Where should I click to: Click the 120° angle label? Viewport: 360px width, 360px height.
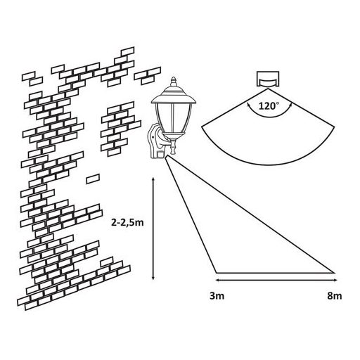269,106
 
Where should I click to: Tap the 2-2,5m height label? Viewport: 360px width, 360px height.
127,223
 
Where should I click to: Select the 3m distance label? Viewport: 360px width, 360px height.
217,296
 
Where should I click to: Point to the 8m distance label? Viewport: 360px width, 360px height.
335,296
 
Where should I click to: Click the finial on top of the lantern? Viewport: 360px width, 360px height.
174,82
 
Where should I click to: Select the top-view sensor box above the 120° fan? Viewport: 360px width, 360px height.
268,79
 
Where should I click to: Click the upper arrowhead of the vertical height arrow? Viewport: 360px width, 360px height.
153,180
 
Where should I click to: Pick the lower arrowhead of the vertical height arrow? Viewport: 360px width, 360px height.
153,278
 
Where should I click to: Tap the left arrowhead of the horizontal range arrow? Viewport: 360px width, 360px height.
218,280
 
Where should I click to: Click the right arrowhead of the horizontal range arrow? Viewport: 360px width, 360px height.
335,280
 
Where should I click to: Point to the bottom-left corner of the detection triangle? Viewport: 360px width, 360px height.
216,273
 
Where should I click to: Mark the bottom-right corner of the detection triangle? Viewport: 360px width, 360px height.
334,273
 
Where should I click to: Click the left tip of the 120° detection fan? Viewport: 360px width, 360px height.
202,127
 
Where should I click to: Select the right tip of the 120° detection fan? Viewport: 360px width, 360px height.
335,127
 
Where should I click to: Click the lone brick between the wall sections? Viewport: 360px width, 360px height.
93,179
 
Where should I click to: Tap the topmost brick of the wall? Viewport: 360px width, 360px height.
127,51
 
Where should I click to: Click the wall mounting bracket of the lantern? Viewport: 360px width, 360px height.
156,141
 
